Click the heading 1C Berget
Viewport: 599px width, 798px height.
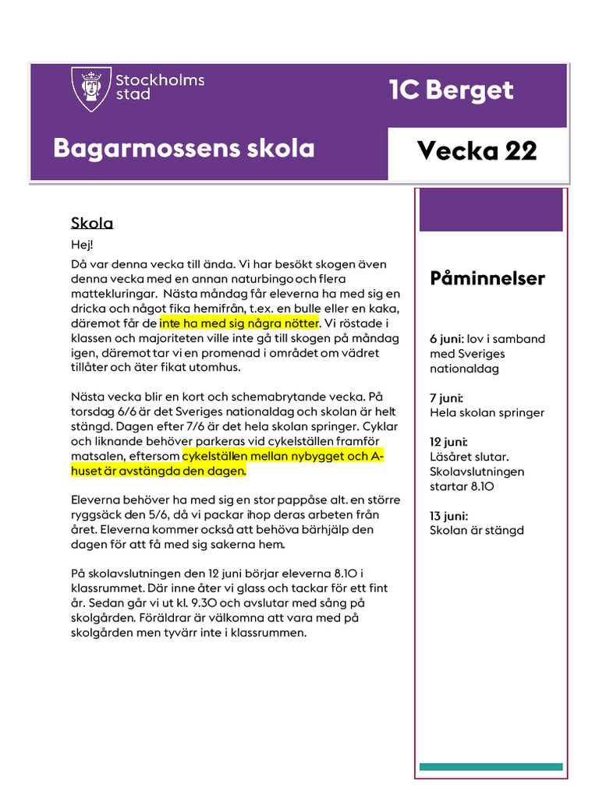pyautogui.click(x=452, y=90)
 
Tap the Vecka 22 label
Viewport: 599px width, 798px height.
pyautogui.click(x=477, y=150)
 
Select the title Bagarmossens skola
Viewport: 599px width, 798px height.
pyautogui.click(x=184, y=148)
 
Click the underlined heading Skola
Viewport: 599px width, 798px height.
pyautogui.click(x=92, y=224)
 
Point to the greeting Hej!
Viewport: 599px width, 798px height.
pyautogui.click(x=82, y=245)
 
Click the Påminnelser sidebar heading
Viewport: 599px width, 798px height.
pyautogui.click(x=487, y=279)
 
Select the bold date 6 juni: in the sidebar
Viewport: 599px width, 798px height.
pyautogui.click(x=447, y=339)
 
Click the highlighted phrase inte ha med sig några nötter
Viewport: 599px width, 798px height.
pyautogui.click(x=239, y=323)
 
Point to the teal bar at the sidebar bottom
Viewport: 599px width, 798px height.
pyautogui.click(x=491, y=767)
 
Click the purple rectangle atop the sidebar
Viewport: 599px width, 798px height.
pyautogui.click(x=491, y=210)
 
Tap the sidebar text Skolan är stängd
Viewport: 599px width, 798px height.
pyautogui.click(x=477, y=531)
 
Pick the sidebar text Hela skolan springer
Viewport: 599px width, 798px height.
pyautogui.click(x=487, y=413)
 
